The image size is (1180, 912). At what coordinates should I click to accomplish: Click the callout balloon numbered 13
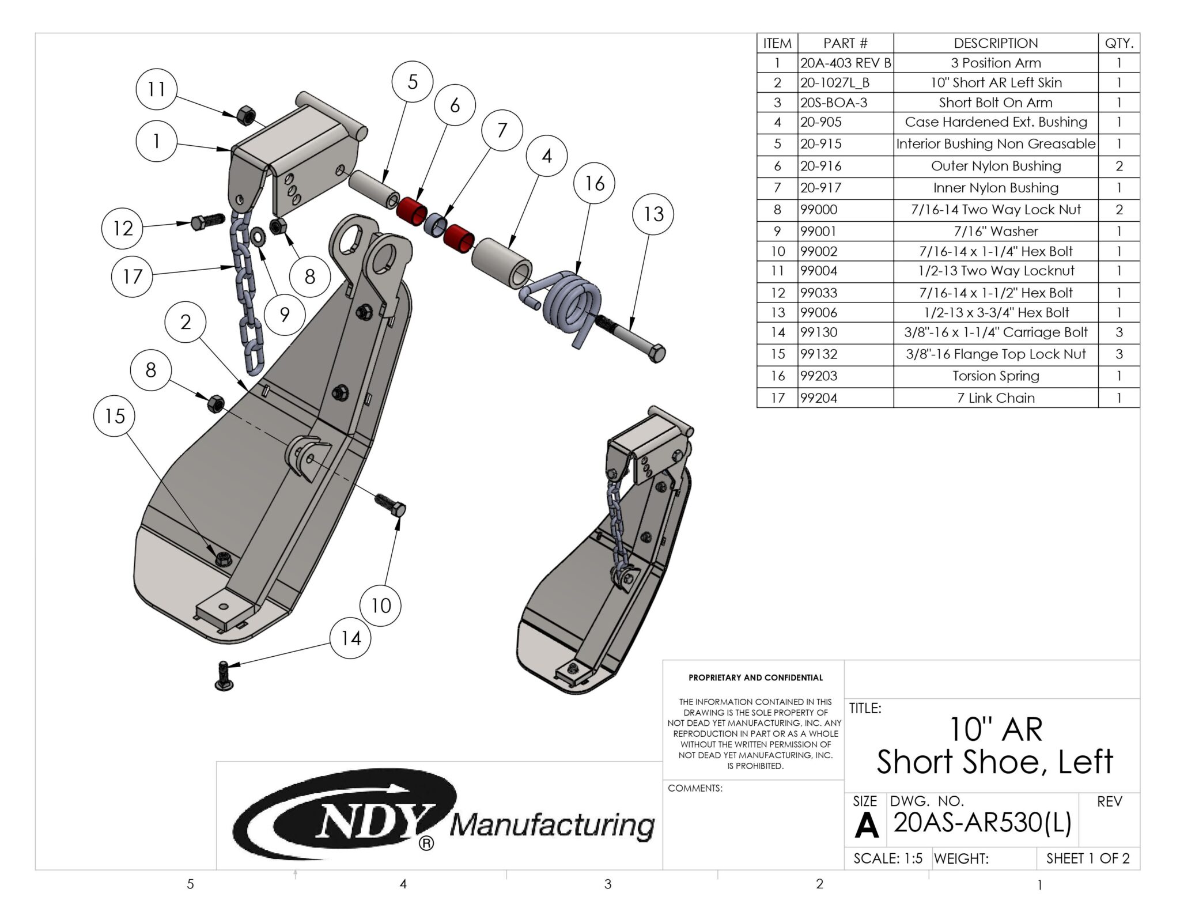653,214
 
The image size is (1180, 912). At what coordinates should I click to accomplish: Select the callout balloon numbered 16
595,184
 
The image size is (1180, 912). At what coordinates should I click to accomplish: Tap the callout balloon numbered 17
132,277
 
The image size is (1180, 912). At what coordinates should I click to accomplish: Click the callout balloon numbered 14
350,638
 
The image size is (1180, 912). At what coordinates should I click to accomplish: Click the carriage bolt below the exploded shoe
224,676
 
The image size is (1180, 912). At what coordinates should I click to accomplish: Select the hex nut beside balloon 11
245,115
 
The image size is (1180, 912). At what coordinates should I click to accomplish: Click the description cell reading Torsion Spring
995,376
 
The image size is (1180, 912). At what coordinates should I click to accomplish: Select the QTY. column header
1118,43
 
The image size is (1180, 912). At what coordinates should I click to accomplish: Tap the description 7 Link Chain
995,398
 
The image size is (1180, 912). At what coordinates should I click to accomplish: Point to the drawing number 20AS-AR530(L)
982,823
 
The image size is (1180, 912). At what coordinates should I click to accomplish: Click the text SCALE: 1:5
887,858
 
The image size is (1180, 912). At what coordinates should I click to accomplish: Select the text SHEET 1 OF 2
1087,858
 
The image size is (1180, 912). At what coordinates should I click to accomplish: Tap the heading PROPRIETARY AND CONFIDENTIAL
755,678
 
